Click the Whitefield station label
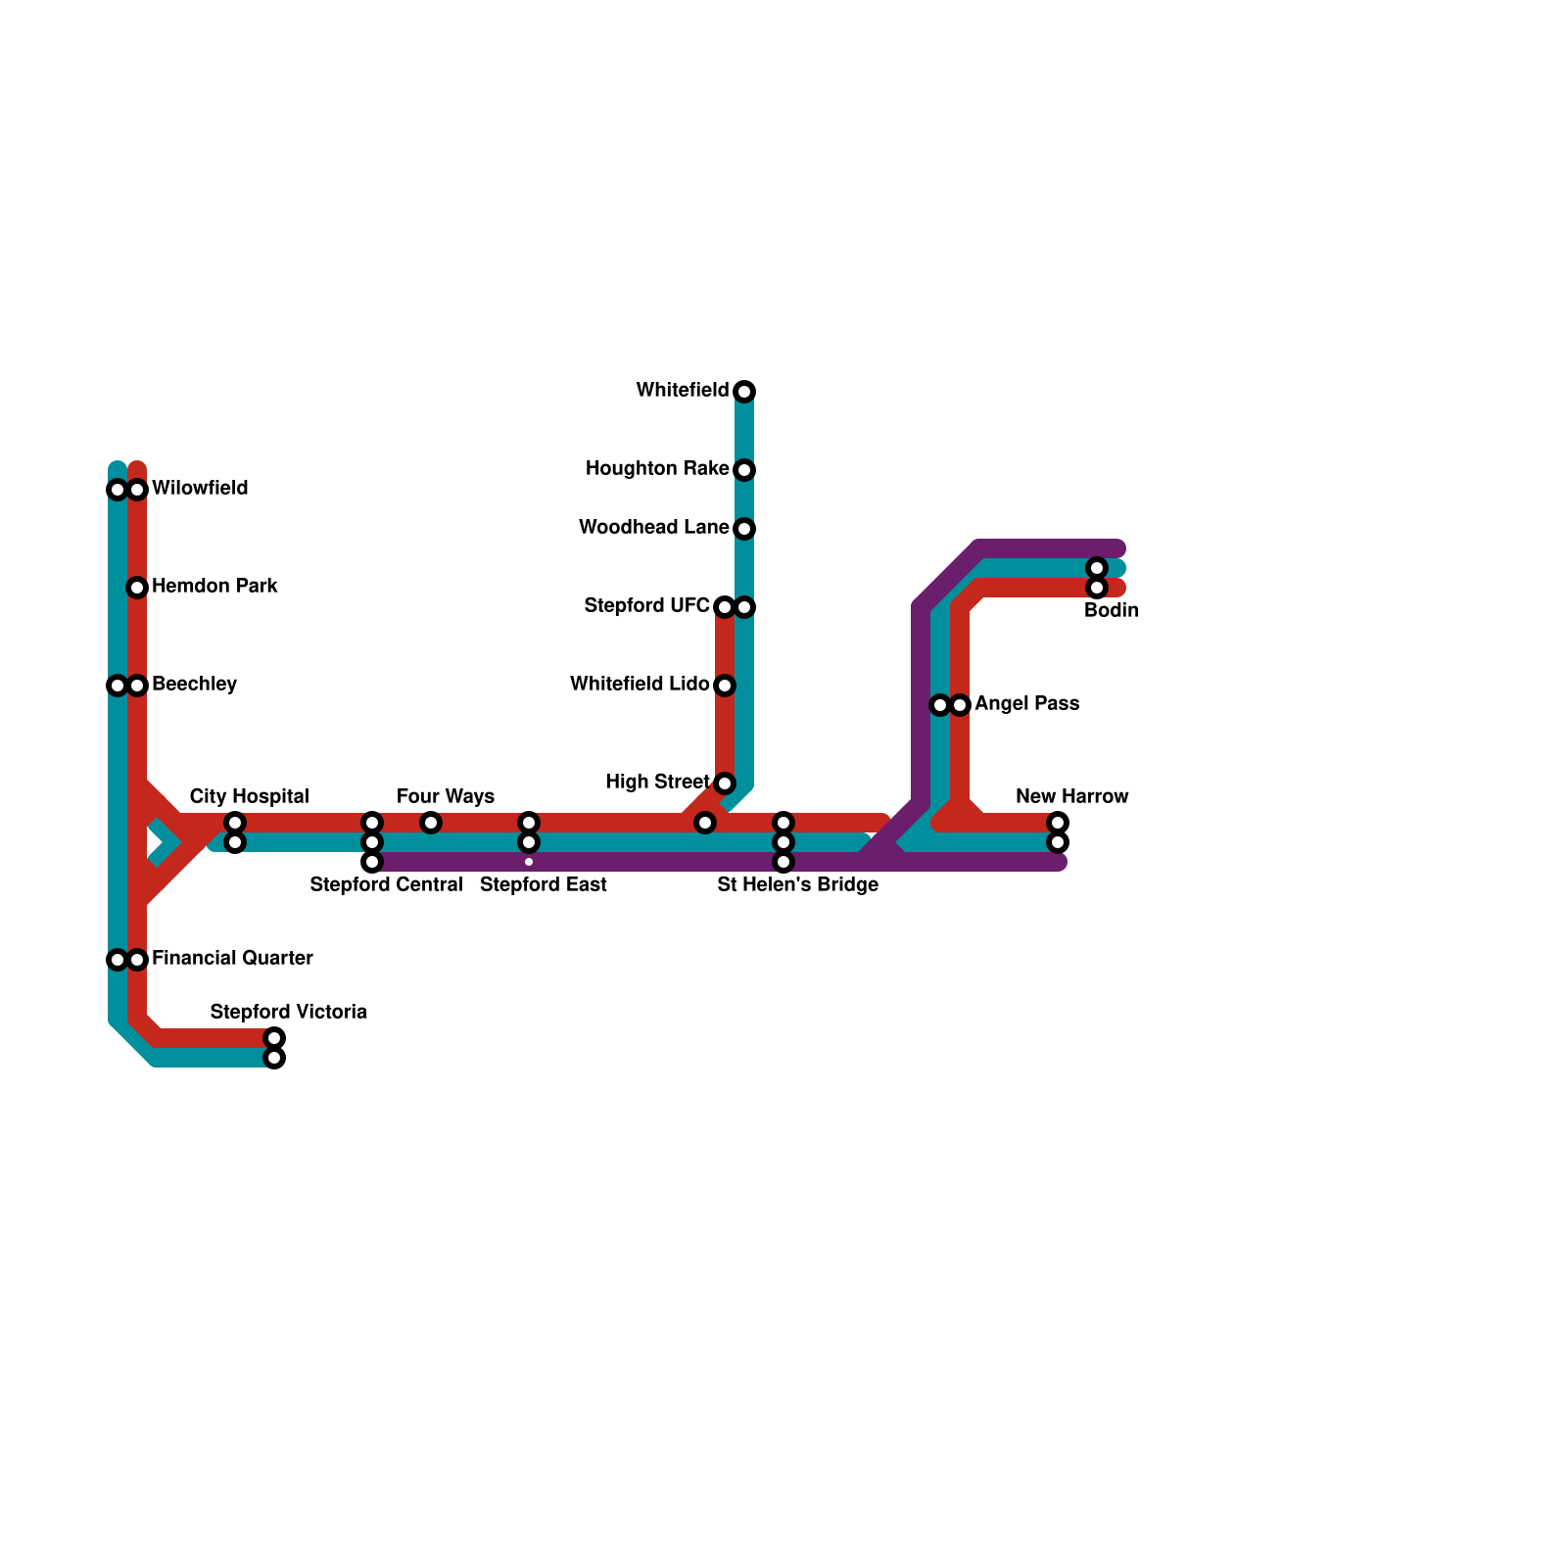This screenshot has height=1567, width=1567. click(x=682, y=391)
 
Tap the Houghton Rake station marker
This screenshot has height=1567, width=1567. click(x=744, y=470)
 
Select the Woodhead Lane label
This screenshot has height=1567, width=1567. click(x=653, y=528)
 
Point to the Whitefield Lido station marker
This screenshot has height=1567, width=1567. click(x=725, y=686)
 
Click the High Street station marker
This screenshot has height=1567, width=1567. click(x=725, y=783)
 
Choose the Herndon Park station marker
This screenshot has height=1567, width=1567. click(x=137, y=588)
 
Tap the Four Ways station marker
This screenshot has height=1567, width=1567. click(x=431, y=823)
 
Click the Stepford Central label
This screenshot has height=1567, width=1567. click(x=386, y=885)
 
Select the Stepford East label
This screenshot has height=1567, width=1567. click(x=543, y=885)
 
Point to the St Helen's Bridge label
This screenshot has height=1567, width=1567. click(x=797, y=885)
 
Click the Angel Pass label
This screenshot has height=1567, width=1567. click(x=1026, y=704)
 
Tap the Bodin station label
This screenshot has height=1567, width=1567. click(x=1112, y=611)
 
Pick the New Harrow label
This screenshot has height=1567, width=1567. click(x=1071, y=796)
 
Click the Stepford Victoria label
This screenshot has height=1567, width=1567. click(x=288, y=1012)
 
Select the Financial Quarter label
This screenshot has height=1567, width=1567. click(x=232, y=958)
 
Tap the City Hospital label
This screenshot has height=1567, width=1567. click(x=249, y=796)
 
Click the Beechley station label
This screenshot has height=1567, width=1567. click(x=194, y=684)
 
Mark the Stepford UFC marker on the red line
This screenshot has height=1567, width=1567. click(x=725, y=607)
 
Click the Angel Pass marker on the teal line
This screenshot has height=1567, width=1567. click(x=940, y=705)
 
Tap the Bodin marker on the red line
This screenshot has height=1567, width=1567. click(x=1097, y=588)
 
